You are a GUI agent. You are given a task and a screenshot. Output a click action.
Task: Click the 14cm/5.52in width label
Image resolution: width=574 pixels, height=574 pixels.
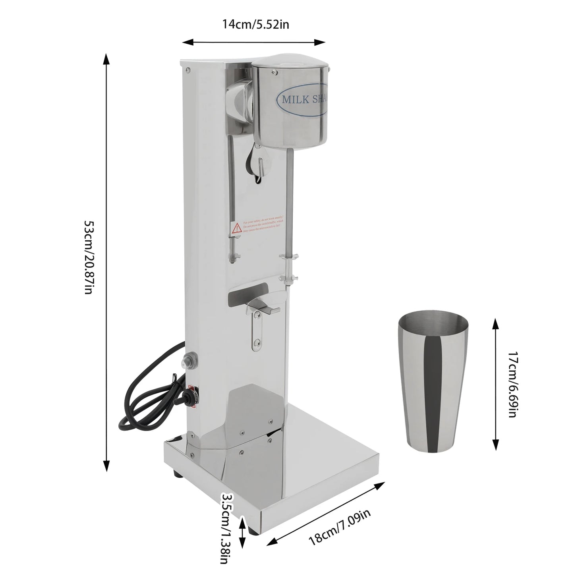pyautogui.click(x=255, y=25)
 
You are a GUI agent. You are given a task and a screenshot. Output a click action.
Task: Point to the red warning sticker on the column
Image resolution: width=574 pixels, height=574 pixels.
pyautogui.click(x=256, y=228)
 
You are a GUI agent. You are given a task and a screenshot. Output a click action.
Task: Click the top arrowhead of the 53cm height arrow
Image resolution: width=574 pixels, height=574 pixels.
pyautogui.click(x=106, y=58)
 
